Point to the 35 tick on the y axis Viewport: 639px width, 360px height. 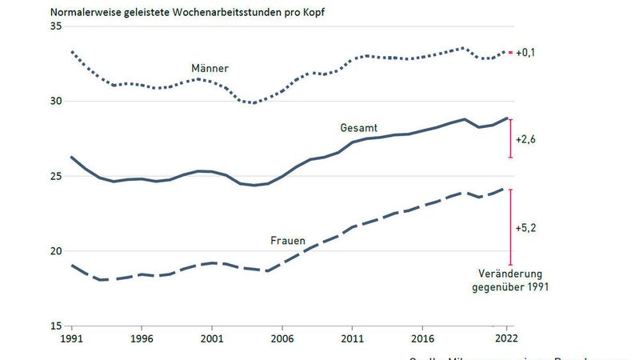coord(57,26)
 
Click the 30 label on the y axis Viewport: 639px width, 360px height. coord(57,102)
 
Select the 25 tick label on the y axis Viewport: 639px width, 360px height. coord(57,176)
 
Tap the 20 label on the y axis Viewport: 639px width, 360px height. coord(57,251)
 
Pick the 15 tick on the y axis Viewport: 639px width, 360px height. coord(57,326)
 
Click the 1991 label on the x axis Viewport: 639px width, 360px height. coord(73,340)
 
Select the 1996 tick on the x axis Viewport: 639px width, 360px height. coord(142,340)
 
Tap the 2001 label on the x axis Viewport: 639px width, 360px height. coord(212,340)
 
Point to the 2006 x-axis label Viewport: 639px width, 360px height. coord(282,340)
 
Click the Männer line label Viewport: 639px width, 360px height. coord(210,69)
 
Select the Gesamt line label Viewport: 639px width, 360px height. coord(358,128)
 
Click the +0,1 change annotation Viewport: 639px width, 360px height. coord(525,53)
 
